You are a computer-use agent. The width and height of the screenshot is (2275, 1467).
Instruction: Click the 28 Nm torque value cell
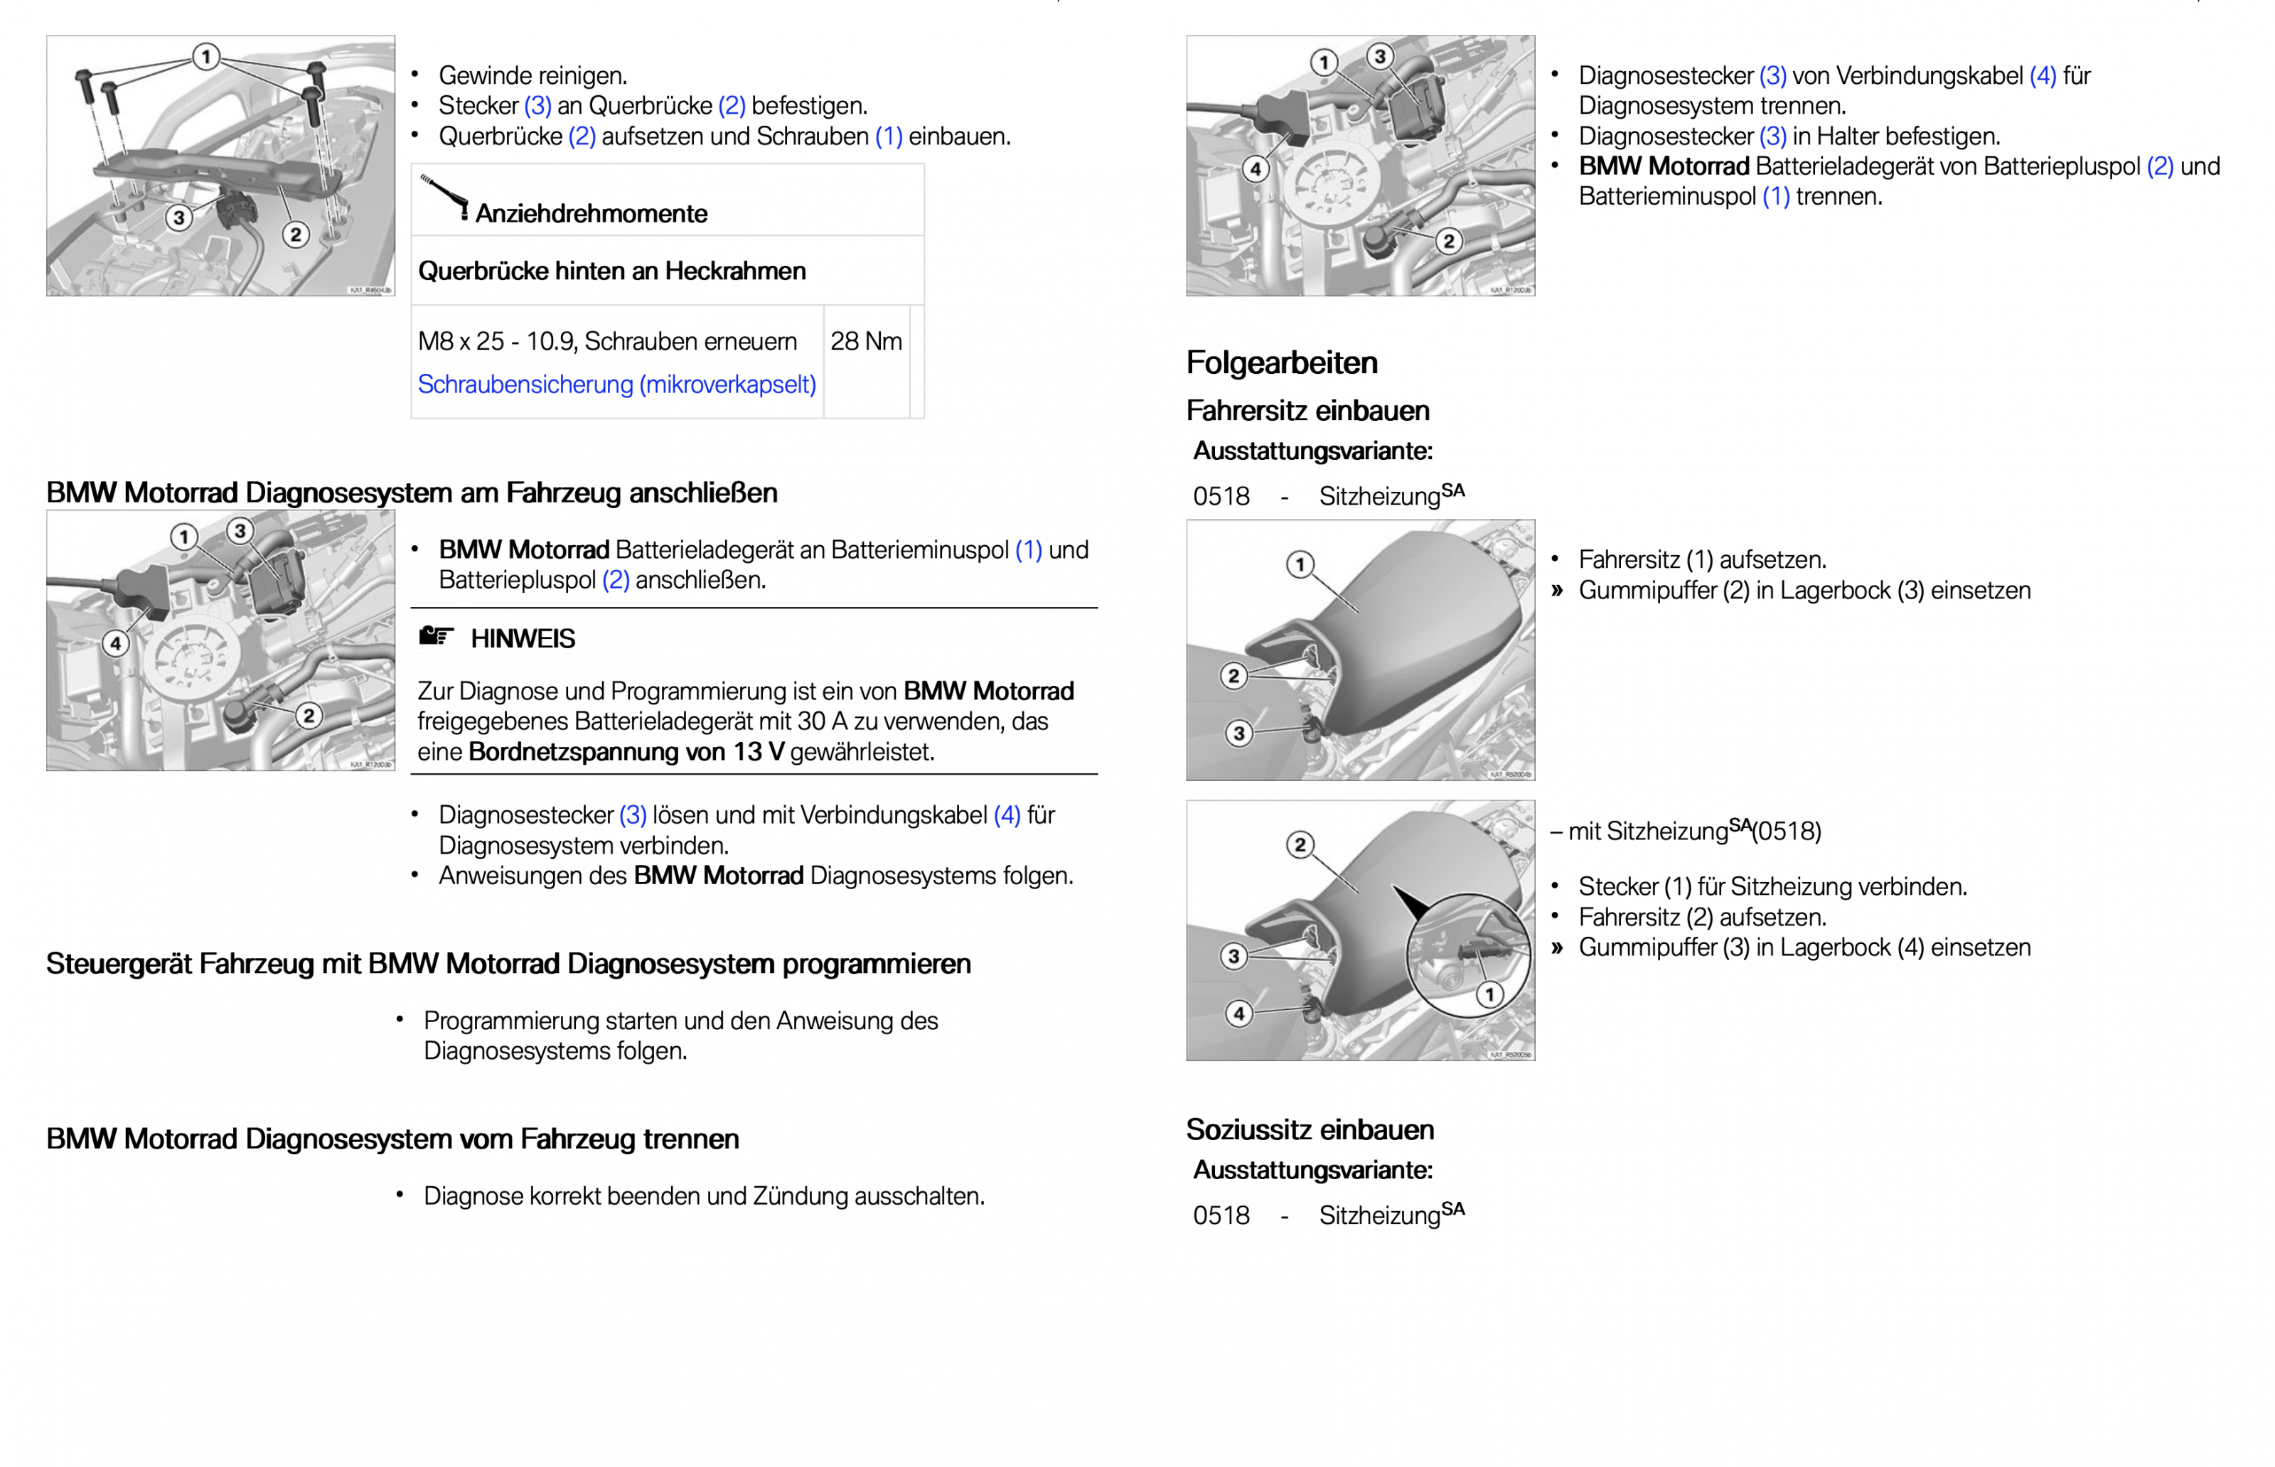865,341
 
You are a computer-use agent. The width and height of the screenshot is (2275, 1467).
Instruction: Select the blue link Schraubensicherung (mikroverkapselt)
616,384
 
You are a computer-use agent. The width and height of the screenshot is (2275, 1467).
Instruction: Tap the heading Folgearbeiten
1280,363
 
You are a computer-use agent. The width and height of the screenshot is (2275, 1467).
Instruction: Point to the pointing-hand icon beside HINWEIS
435,636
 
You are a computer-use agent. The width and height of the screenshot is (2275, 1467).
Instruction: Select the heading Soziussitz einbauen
1309,1130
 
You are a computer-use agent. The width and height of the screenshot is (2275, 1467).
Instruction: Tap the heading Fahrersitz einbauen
1307,411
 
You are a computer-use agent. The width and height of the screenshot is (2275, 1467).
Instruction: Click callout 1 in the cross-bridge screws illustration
205,56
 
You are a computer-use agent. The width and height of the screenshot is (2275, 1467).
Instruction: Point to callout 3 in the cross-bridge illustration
178,218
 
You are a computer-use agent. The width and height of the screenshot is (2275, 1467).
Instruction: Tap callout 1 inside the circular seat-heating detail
1489,994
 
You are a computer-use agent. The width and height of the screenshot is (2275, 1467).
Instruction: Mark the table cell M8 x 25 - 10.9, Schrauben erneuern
607,341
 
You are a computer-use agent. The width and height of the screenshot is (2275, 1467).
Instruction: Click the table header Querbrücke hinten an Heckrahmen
611,272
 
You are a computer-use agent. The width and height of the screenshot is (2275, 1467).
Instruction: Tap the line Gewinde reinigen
532,75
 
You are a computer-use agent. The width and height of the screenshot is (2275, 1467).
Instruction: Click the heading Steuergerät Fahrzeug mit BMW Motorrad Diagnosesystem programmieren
508,964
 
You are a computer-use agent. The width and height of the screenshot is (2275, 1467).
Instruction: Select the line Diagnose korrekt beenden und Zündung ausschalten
703,1196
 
